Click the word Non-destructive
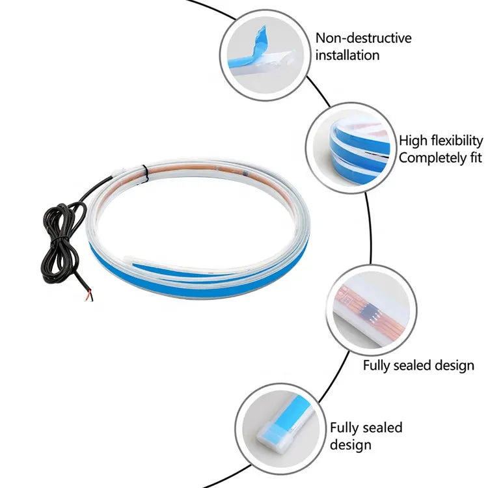pos(363,38)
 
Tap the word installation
pos(347,55)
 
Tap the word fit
pos(474,157)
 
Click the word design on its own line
pos(350,445)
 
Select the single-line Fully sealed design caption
pos(418,365)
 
